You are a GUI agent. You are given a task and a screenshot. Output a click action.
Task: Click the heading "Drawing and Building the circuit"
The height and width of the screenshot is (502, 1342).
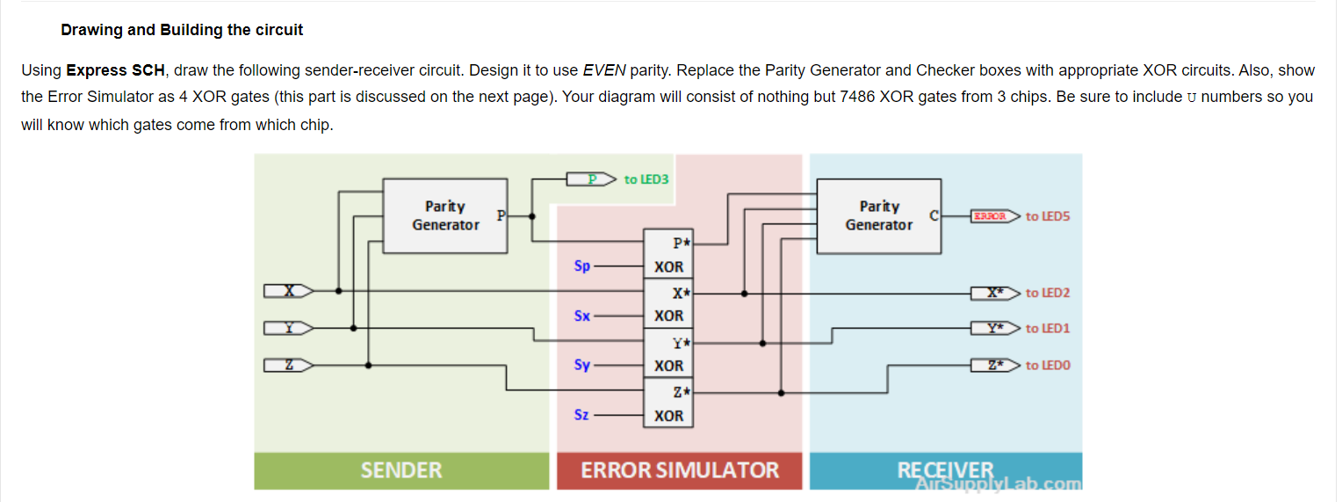[x=182, y=30]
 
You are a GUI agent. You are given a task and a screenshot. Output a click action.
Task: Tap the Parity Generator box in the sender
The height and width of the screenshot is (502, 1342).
[x=445, y=215]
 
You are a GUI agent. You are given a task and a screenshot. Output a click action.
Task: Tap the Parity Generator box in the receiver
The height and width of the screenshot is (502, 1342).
[x=878, y=215]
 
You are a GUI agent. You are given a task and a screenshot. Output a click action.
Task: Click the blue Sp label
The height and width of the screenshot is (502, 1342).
[x=581, y=265]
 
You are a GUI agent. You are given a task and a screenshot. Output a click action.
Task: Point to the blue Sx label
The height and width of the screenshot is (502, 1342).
[x=581, y=315]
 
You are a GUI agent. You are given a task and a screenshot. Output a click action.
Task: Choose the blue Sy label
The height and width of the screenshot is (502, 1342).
[x=581, y=364]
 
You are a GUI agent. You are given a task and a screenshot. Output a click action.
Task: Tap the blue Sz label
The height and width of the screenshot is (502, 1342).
[x=581, y=414]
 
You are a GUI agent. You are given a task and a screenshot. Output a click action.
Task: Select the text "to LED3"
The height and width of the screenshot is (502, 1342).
[x=646, y=179]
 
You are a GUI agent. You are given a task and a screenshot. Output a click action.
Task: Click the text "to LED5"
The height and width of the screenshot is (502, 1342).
[x=1048, y=216]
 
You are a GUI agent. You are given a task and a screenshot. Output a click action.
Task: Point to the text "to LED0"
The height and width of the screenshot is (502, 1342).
[x=1048, y=365]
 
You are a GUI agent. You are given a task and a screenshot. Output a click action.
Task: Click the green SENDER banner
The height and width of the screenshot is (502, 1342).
[x=401, y=470]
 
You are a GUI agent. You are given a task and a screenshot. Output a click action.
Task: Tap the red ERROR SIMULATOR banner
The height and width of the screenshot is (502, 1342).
[x=679, y=470]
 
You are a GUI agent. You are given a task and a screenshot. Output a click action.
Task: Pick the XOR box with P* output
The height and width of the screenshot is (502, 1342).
[x=669, y=254]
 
